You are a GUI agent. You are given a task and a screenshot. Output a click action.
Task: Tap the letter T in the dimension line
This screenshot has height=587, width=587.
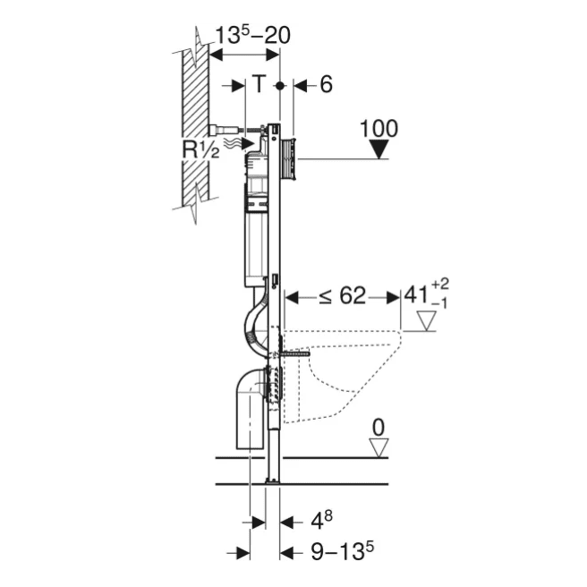(258, 84)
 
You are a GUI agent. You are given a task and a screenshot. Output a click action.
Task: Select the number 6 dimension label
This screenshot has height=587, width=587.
(326, 84)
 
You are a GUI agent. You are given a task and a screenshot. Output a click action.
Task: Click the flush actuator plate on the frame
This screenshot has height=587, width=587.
(288, 158)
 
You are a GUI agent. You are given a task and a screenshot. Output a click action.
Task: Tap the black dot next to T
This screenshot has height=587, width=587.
(281, 85)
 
